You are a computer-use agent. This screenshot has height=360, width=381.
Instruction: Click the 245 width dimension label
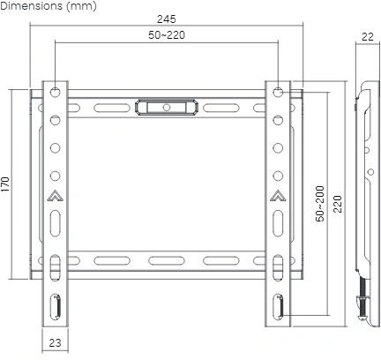pyautogui.click(x=167, y=19)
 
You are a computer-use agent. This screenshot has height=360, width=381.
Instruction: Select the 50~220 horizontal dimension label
pyautogui.click(x=167, y=35)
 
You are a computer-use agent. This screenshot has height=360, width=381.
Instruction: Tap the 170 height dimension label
pyautogui.click(x=5, y=184)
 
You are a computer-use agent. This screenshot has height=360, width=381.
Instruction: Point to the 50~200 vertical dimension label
pyautogui.click(x=320, y=204)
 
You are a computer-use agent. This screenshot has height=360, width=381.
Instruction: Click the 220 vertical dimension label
pyautogui.click(x=338, y=204)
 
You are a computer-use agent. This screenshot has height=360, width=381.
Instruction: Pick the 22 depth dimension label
pyautogui.click(x=368, y=37)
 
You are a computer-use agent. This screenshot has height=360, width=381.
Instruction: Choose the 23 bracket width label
pyautogui.click(x=55, y=342)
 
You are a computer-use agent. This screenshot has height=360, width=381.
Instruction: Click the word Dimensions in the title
pyautogui.click(x=32, y=6)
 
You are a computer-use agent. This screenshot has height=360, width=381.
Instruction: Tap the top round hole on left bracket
pyautogui.click(x=55, y=93)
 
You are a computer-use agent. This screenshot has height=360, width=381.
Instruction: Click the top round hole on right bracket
pyautogui.click(x=278, y=93)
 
